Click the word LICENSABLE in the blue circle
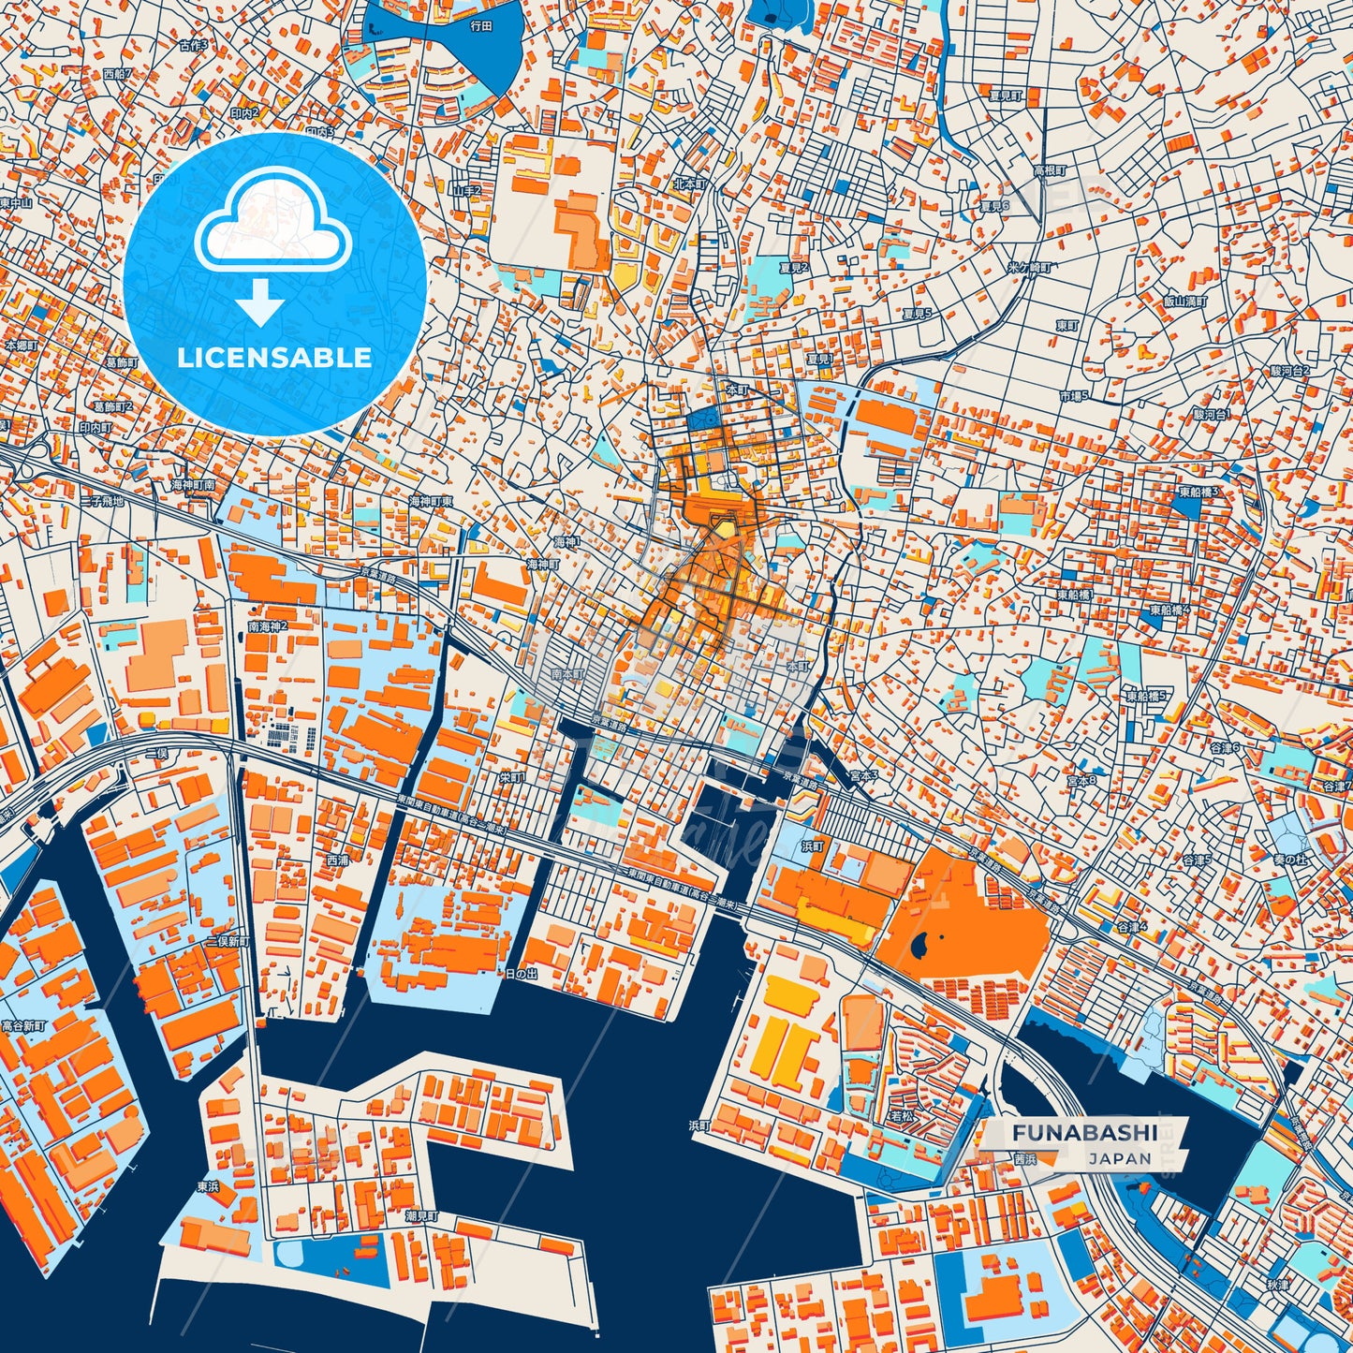274,358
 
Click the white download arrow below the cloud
261,301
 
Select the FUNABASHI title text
1083,1133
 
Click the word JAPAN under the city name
1120,1158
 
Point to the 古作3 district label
194,44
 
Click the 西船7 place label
118,73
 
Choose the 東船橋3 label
1198,491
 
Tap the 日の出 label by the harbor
522,975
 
